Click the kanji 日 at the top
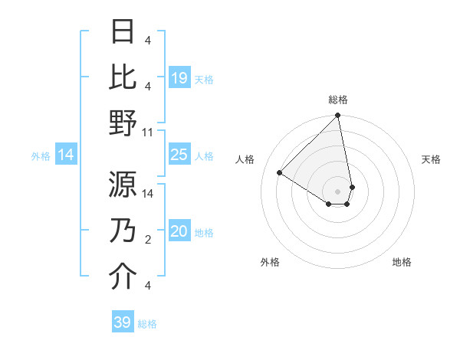pos(123,31)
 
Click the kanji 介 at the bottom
pos(123,277)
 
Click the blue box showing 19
pos(179,77)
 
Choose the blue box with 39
pos(123,322)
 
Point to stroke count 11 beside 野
pos(148,133)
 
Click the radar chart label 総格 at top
pos(338,100)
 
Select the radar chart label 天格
pos(431,159)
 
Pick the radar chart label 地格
pos(402,263)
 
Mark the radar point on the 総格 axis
pos(337,116)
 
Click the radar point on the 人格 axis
pos(280,172)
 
